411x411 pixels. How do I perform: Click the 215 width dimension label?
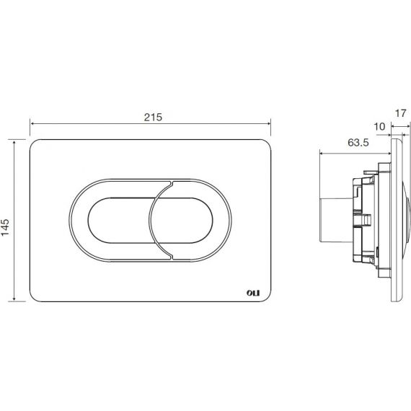click(153, 117)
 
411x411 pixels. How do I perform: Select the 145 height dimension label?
click(5, 220)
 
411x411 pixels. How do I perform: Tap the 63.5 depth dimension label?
click(358, 143)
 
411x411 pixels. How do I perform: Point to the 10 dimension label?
click(379, 127)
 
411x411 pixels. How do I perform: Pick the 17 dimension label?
click(400, 113)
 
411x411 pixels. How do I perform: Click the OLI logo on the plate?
click(253, 293)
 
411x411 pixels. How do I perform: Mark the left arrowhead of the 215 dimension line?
click(32, 123)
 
